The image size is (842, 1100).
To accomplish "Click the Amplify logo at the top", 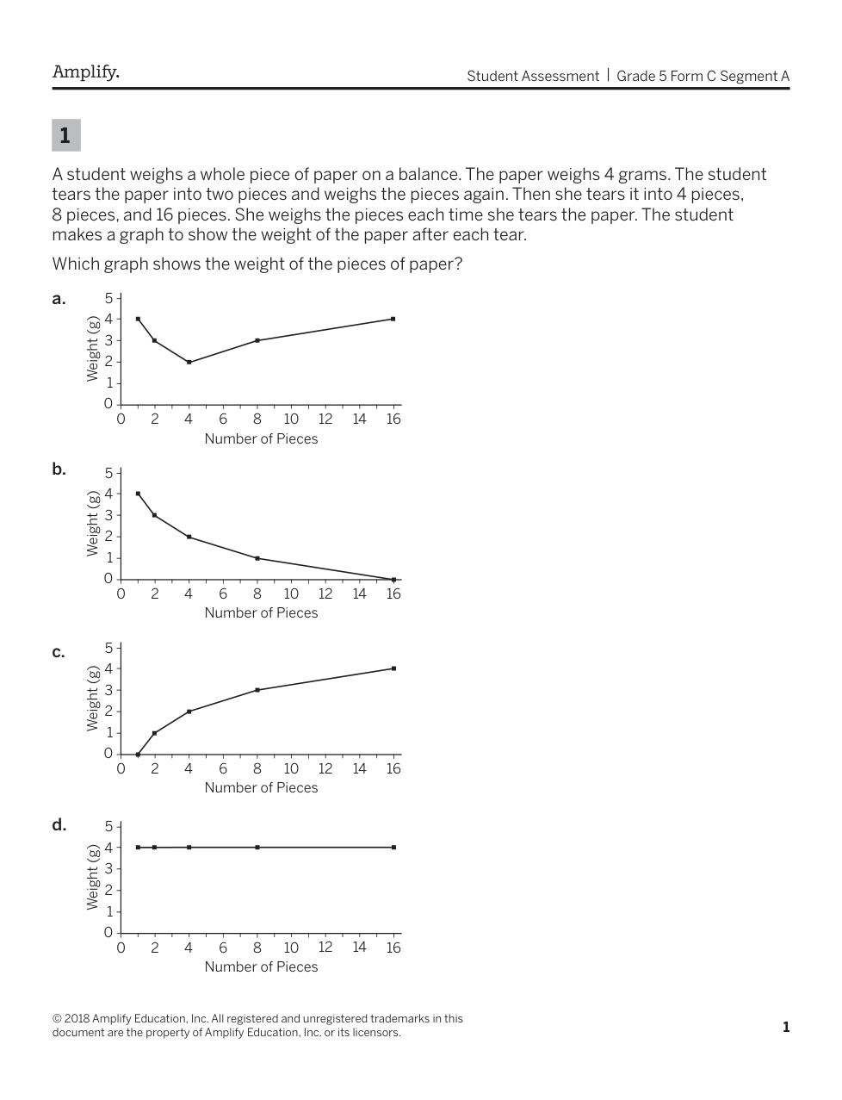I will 85,72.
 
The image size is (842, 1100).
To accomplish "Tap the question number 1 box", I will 65,135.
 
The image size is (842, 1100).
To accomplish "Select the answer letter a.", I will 58,299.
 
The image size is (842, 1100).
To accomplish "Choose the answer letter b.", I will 59,469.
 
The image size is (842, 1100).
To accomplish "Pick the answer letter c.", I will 58,652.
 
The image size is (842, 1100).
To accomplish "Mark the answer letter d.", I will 59,825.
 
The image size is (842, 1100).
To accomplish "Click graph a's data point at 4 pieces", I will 189,362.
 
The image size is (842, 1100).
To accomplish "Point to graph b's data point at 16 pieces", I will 393,580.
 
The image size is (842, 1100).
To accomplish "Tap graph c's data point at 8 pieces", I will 257,690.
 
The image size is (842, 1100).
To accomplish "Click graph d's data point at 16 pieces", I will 393,848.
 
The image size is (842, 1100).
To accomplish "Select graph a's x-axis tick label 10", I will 291,419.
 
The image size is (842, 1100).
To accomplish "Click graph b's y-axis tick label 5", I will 108,473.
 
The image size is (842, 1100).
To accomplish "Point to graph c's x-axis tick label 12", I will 325,768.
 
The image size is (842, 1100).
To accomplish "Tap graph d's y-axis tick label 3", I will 108,868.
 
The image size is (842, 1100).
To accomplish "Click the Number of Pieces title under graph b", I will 261,613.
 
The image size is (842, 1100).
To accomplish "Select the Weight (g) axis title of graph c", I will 92,699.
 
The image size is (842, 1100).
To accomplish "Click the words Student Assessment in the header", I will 532,76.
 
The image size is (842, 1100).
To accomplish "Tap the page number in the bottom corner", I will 785,1027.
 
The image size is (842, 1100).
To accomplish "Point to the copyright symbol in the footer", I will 57,1019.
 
